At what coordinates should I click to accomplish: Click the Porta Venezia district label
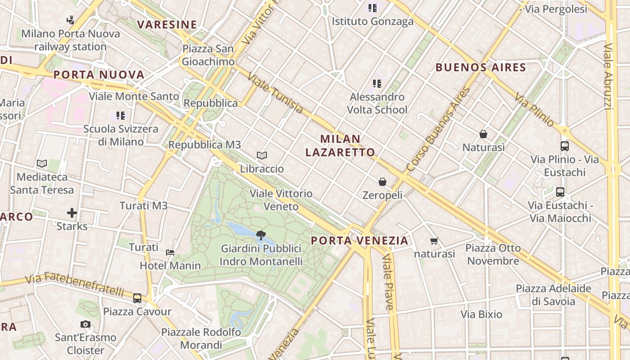[x=360, y=240]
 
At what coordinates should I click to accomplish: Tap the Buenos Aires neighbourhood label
[x=481, y=67]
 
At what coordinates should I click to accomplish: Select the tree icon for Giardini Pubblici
[x=261, y=235]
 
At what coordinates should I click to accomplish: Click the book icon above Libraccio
[x=262, y=156]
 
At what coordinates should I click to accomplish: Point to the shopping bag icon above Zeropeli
[x=382, y=182]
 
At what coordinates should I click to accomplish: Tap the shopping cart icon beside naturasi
[x=434, y=241]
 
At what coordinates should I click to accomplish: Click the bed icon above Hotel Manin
[x=170, y=252]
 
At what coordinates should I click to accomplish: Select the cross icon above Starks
[x=72, y=213]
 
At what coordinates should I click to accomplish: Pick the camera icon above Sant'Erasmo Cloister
[x=85, y=324]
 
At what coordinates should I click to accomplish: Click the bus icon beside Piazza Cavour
[x=137, y=298]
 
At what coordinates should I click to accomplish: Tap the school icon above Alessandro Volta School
[x=377, y=84]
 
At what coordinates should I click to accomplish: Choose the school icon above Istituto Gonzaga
[x=373, y=8]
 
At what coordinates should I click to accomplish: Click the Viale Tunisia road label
[x=275, y=94]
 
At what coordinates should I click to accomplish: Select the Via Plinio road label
[x=535, y=109]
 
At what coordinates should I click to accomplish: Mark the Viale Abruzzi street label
[x=607, y=76]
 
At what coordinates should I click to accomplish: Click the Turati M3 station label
[x=143, y=206]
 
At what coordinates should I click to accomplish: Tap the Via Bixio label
[x=481, y=314]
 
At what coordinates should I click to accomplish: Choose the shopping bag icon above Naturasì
[x=483, y=134]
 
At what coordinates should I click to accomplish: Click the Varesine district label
[x=167, y=24]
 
